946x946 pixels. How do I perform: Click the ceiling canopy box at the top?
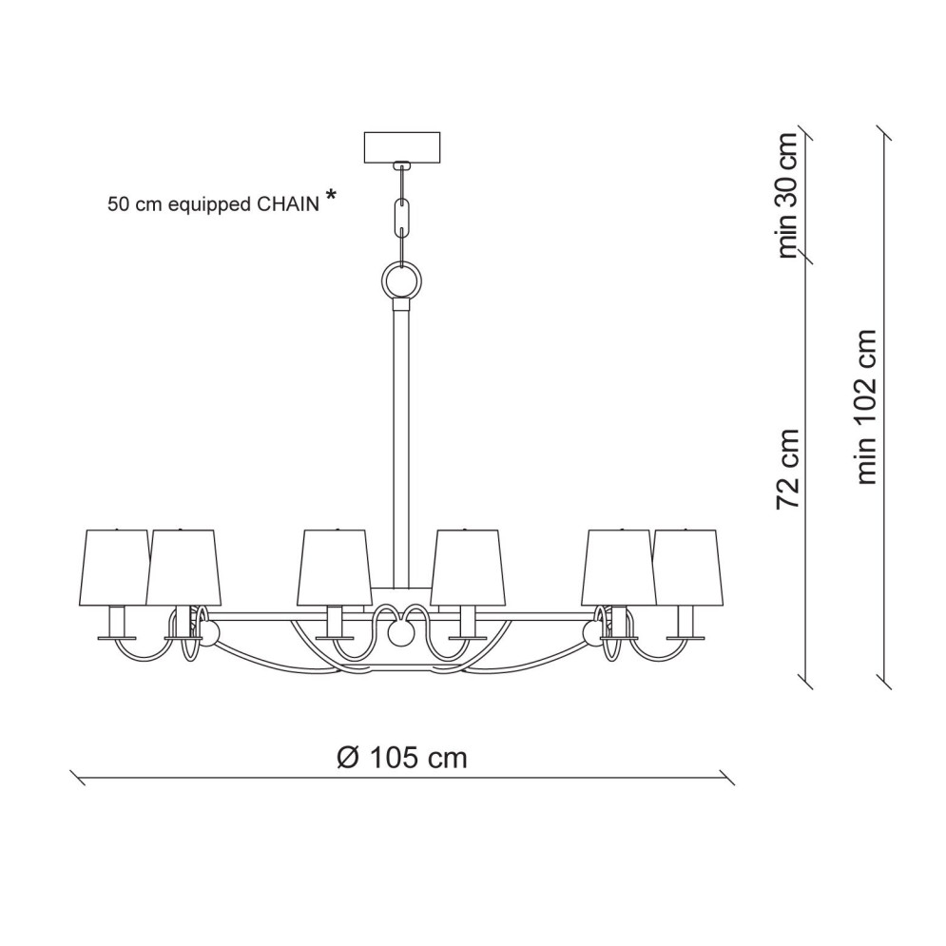point(402,147)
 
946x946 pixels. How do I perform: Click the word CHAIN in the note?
point(288,204)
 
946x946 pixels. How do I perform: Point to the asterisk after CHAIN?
point(331,194)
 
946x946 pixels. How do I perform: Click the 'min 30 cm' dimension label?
point(787,195)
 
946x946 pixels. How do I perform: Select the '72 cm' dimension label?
point(787,469)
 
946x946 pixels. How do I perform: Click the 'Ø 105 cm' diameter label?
point(402,757)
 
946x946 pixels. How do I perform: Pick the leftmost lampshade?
point(117,567)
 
